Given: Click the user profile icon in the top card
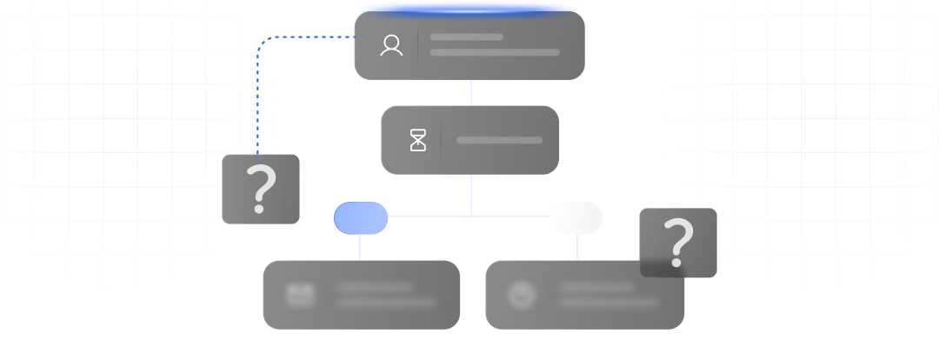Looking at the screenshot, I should coord(391,46).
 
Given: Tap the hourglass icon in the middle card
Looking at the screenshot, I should coord(419,140).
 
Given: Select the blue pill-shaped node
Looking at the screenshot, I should coord(361,218).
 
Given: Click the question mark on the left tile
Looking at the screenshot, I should coord(261,190).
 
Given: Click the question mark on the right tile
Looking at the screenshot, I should coord(678,243).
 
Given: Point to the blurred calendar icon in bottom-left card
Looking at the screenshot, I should coord(300,295).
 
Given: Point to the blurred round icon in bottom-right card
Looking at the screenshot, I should coord(522,296).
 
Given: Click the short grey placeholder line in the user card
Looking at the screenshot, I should coord(467,37).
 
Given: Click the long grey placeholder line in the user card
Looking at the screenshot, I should coord(495,53).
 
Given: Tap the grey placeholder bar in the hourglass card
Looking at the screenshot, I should coord(499,140).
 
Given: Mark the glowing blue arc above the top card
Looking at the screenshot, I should coord(469,9).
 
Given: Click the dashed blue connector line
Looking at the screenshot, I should coord(258,96).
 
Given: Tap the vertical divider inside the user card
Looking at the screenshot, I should coord(418,46).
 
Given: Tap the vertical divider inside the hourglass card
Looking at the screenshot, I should coord(441,140).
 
